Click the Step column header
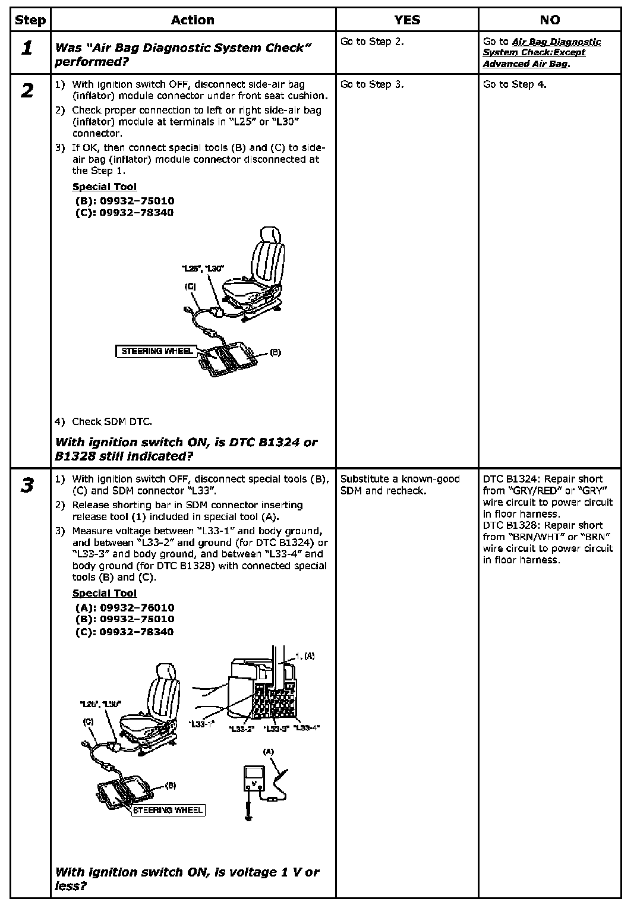click(x=30, y=20)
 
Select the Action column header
click(x=193, y=20)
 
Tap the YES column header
click(x=407, y=20)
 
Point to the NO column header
click(x=550, y=20)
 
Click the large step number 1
click(x=27, y=49)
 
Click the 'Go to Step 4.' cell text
click(x=515, y=84)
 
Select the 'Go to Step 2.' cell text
click(x=372, y=42)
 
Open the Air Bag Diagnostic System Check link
click(x=541, y=52)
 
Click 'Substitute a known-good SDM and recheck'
click(x=400, y=485)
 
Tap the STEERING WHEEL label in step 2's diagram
click(x=157, y=351)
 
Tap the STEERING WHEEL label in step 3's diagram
click(x=168, y=809)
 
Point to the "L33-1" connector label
click(x=201, y=724)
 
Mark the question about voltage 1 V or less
click(x=187, y=879)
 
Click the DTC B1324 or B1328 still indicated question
click(x=185, y=449)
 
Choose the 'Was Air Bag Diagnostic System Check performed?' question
click(x=183, y=55)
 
